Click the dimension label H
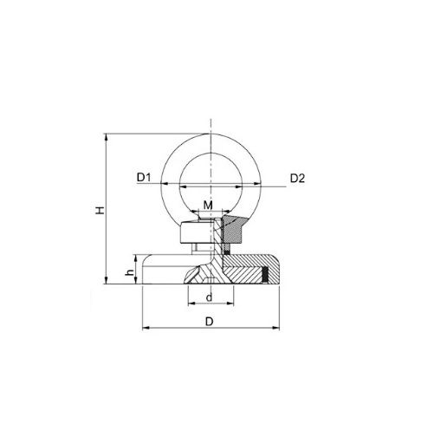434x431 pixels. click(100, 210)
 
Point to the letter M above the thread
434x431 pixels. click(208, 205)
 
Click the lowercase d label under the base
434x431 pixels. click(210, 297)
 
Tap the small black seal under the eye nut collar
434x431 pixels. click(229, 251)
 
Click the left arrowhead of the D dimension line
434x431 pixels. click(144, 329)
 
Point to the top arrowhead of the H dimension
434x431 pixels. click(107, 136)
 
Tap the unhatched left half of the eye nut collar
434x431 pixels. click(191, 234)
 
